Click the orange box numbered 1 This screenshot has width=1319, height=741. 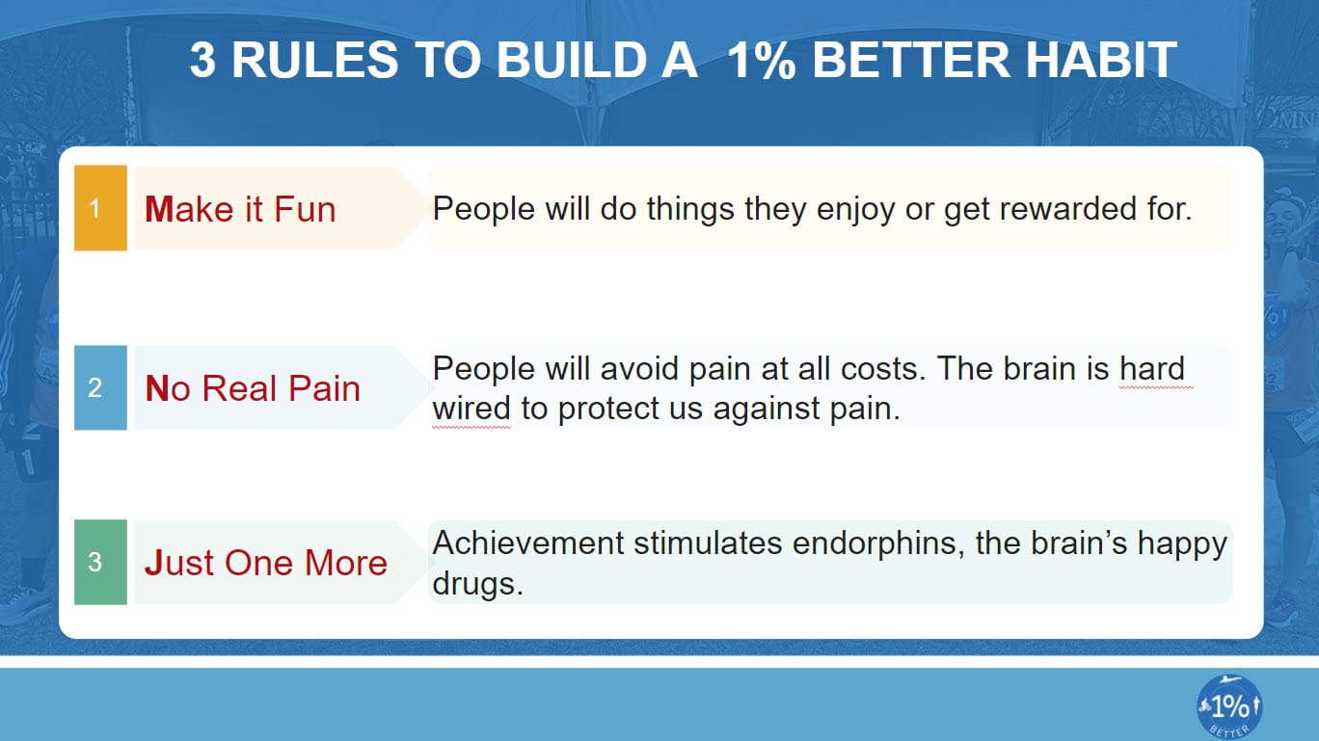tap(100, 208)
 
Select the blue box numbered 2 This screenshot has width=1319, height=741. tap(100, 387)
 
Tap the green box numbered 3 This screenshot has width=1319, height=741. tap(100, 562)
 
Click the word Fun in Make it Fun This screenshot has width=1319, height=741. tap(305, 209)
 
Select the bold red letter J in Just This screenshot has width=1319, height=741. tap(152, 563)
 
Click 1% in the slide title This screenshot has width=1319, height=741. tap(762, 60)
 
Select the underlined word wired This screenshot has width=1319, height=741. tap(471, 408)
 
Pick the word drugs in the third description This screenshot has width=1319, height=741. tap(477, 583)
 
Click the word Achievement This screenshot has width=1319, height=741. tap(528, 543)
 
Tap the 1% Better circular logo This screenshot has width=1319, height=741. tap(1229, 707)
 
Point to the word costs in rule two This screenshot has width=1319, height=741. tap(882, 368)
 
